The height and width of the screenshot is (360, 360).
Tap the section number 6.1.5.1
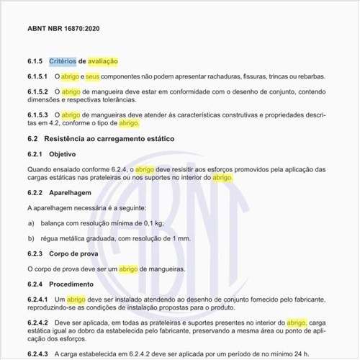pyautogui.click(x=37, y=76)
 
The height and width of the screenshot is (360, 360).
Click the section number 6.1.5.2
pyautogui.click(x=37, y=92)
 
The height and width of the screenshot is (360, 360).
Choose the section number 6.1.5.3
pyautogui.click(x=37, y=115)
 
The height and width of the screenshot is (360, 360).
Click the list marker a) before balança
pyautogui.click(x=31, y=223)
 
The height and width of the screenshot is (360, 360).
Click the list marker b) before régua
pyautogui.click(x=31, y=238)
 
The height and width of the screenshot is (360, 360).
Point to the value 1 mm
pyautogui.click(x=182, y=238)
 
